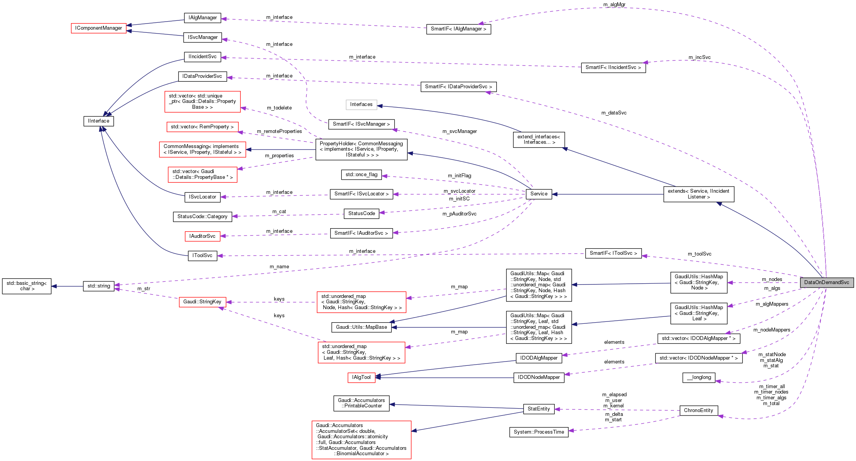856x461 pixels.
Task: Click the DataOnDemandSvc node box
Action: [826, 283]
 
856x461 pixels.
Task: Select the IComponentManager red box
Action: [99, 28]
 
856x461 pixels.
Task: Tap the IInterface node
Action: [99, 121]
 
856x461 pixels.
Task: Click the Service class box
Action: [539, 194]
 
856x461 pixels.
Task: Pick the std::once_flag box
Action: [361, 175]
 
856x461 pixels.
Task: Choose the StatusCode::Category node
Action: [203, 217]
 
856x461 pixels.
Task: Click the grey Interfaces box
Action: [361, 104]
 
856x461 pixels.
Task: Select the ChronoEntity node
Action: [698, 411]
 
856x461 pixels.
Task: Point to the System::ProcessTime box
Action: [539, 432]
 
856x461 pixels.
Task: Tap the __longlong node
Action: [699, 377]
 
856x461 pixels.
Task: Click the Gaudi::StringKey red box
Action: [202, 302]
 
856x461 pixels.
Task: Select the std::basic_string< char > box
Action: [27, 286]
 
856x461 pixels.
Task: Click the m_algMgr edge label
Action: [614, 5]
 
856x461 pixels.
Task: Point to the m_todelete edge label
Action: [279, 108]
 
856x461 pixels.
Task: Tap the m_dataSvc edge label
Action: [614, 113]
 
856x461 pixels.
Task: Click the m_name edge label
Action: [279, 267]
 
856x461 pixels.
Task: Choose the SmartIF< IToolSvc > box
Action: [613, 253]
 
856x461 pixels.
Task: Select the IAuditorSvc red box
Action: [202, 236]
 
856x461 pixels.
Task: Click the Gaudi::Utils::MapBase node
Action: [361, 327]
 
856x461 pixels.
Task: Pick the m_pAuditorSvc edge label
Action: [459, 214]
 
